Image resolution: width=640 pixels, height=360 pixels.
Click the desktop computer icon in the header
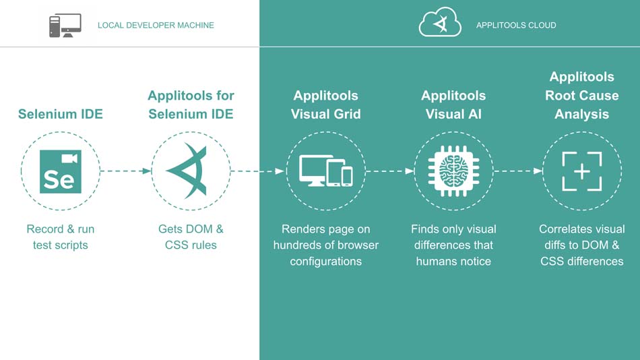tap(65, 26)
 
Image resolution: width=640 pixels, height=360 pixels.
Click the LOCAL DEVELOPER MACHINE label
tap(156, 26)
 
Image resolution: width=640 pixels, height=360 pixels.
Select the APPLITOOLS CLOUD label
tap(516, 26)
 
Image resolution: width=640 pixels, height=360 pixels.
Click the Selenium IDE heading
tap(61, 114)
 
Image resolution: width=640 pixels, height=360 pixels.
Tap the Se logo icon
tap(61, 171)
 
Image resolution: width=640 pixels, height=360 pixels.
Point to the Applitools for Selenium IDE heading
tap(191, 104)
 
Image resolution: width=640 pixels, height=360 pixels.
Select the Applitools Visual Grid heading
tap(325, 104)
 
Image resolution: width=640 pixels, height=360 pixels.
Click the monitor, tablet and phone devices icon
tap(326, 171)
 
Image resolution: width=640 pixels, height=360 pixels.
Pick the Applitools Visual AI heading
tap(453, 104)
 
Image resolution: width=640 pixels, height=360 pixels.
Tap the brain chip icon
tap(453, 171)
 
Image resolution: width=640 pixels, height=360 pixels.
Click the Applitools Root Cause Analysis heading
tap(581, 96)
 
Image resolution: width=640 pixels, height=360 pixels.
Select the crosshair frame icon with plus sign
tap(581, 171)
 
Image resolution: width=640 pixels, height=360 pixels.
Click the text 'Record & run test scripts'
tap(61, 237)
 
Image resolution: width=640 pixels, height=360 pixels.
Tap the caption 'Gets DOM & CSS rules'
tap(191, 237)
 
